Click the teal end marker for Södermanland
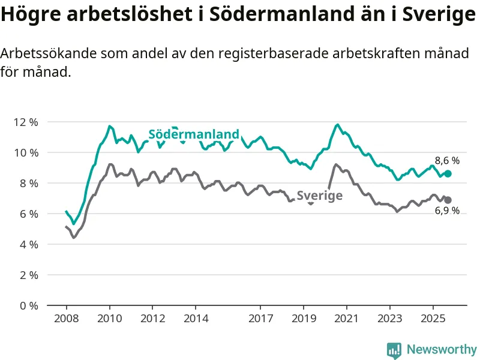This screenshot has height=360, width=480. click(x=448, y=173)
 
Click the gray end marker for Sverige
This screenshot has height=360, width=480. click(x=448, y=200)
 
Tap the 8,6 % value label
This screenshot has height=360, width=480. click(x=447, y=161)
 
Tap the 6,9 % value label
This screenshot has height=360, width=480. click(x=447, y=211)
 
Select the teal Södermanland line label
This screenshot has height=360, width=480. click(x=194, y=134)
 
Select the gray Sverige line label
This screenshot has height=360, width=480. click(x=320, y=196)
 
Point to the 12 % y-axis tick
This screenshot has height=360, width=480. click(x=25, y=122)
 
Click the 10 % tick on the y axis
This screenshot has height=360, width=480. click(x=25, y=152)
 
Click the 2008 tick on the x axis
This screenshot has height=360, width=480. click(x=66, y=317)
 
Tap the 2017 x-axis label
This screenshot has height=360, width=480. click(x=260, y=317)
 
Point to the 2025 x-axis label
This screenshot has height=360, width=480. click(x=433, y=317)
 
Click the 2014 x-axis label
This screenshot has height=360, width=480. click(x=196, y=317)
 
